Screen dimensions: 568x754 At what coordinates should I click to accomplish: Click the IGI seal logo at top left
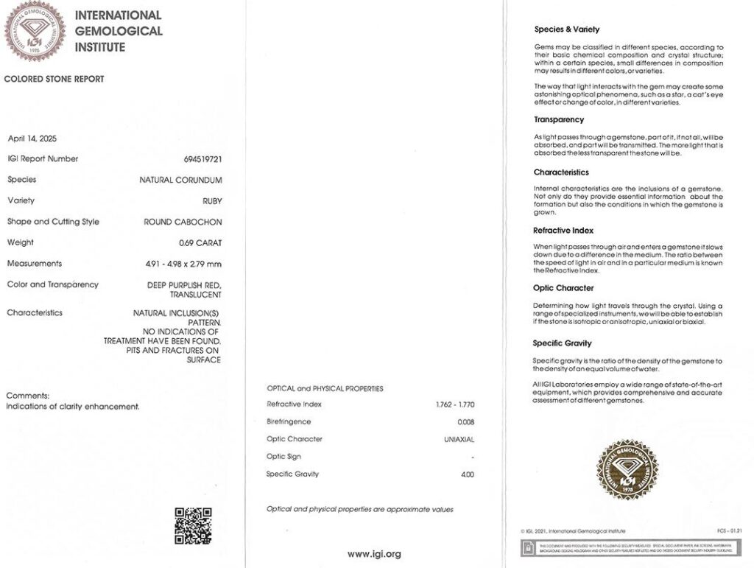point(35,31)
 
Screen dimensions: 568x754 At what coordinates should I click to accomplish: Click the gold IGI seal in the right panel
point(627,469)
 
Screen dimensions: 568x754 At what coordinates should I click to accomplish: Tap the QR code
point(193,525)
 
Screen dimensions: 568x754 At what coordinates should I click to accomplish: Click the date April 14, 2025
point(32,139)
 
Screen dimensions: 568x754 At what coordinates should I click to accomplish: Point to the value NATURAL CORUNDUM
point(180,180)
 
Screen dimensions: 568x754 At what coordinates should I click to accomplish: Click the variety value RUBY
point(212,200)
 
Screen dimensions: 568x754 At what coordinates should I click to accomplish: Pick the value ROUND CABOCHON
point(183,222)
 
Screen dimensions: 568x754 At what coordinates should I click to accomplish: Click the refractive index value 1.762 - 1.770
point(455,404)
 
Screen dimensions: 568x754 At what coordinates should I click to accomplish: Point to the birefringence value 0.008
point(465,422)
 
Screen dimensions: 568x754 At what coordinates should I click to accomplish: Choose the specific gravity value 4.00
point(467,474)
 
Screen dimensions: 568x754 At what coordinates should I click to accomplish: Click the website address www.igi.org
point(374,553)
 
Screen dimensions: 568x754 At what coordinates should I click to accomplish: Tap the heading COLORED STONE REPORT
point(54,79)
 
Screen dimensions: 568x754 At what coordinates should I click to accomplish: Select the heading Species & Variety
point(566,29)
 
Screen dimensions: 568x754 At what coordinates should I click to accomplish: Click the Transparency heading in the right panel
point(558,119)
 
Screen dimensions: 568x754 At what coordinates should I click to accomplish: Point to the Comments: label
point(28,396)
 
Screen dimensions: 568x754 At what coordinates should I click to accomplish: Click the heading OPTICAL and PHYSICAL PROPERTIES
point(325,388)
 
